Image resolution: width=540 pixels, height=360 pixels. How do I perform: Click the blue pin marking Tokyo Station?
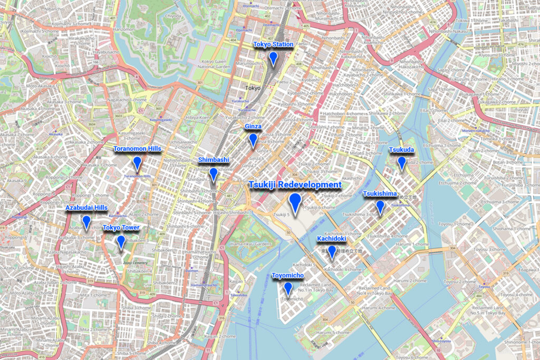pos(273,58)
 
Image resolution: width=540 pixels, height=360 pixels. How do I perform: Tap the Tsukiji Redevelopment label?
pos(295,185)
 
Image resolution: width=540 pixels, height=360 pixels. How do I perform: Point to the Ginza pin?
pos(253,140)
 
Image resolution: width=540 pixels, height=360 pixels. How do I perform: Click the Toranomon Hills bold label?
pos(137,149)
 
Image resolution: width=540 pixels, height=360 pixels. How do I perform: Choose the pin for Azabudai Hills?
pos(86,222)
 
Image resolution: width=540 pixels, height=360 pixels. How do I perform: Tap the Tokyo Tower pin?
pos(121,241)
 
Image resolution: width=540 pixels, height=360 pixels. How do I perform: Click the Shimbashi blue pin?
pos(214,174)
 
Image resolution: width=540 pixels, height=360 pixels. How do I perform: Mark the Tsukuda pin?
pos(401,163)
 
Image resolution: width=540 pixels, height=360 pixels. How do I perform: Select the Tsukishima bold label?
pos(380,194)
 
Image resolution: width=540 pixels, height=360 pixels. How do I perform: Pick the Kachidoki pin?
pos(331,252)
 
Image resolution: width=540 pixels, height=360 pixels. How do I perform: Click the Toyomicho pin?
pos(287,288)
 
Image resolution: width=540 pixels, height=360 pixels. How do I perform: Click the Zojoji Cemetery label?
pos(136,262)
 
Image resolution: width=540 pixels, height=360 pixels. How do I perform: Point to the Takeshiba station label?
pos(238,295)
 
